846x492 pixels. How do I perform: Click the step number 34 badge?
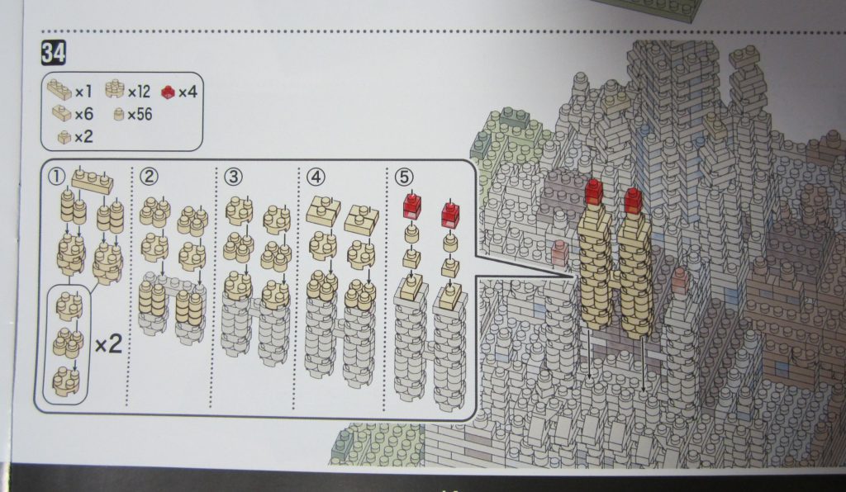(x=54, y=53)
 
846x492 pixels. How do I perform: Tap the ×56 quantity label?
(x=140, y=114)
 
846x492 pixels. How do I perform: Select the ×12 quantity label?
(x=139, y=92)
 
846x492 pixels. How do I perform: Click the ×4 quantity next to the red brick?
(x=188, y=92)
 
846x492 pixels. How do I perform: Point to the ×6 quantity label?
(x=83, y=114)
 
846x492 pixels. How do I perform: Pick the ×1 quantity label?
(x=83, y=92)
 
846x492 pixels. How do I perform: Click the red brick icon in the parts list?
(x=169, y=92)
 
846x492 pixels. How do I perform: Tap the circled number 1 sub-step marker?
(x=57, y=176)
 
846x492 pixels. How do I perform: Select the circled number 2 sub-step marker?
(x=149, y=176)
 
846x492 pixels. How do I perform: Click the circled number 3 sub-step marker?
(x=233, y=176)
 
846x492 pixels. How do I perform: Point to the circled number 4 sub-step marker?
(x=316, y=177)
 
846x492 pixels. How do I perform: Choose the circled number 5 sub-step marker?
(x=403, y=177)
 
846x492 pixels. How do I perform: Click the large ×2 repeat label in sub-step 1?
(x=108, y=343)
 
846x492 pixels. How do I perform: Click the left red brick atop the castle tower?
(x=593, y=192)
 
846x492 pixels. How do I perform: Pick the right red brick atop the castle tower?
(x=633, y=200)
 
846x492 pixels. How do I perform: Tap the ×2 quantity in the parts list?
(x=83, y=137)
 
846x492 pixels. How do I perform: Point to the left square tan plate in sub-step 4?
(x=323, y=211)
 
